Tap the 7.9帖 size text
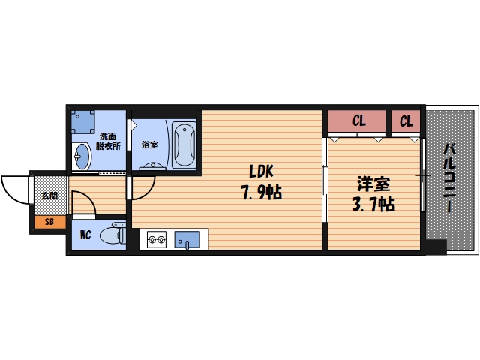pyautogui.click(x=260, y=193)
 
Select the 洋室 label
pyautogui.click(x=373, y=182)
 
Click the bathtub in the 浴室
pyautogui.click(x=183, y=145)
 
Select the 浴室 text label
pyautogui.click(x=149, y=145)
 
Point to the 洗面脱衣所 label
pyautogui.click(x=106, y=142)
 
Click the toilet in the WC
pyautogui.click(x=112, y=235)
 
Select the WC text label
pyautogui.click(x=86, y=235)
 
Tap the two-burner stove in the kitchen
pyautogui.click(x=157, y=240)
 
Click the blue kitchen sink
pyautogui.click(x=185, y=240)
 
